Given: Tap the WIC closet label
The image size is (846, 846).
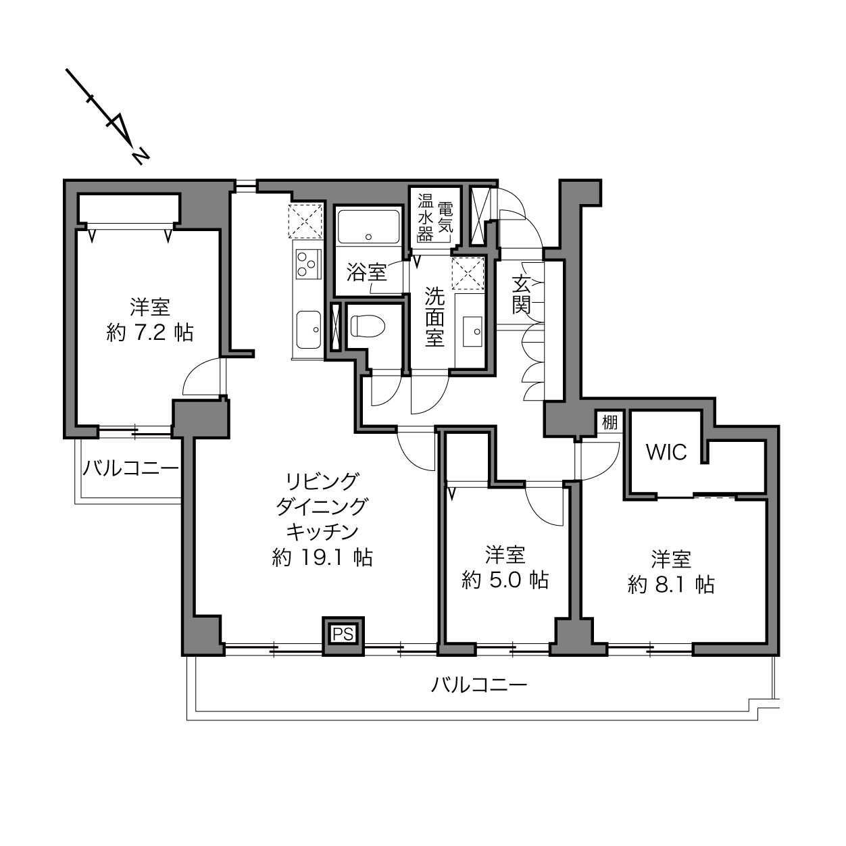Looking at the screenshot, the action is coord(666,452).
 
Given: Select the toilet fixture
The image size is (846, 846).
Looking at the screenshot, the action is coord(368,326).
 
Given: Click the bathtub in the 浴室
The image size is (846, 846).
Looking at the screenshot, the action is coord(369,226).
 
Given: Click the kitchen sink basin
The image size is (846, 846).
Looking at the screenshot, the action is coord(308,330).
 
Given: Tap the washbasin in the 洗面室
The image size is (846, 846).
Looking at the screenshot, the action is coord(472,330).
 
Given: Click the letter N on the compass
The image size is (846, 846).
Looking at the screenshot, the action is coord(141,155).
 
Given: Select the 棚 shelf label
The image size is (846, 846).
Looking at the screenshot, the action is coord(609,423).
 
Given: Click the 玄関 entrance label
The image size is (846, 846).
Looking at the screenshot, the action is coord(522,295).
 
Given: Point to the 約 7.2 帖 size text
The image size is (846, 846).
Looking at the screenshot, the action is coord(150,332).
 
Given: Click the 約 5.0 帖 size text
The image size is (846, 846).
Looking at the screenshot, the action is coord(505,580).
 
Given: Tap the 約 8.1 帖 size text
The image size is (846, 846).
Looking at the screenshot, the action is coord(671,584).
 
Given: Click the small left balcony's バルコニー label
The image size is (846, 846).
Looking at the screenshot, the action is coord(131,468).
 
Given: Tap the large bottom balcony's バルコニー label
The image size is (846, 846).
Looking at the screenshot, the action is coord(479,685).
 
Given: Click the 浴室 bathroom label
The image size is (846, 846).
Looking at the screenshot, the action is coord(367,272).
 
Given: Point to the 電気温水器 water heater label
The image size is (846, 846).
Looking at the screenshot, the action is coord(435,218).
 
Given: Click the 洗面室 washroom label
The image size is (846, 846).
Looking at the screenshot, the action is coord(434,317).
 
